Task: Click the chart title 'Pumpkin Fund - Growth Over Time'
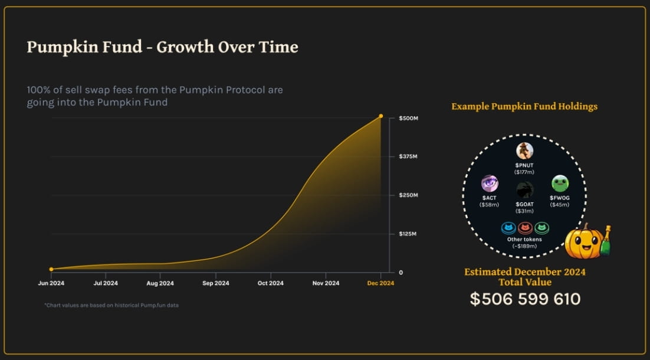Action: point(163,47)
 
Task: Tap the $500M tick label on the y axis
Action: point(408,118)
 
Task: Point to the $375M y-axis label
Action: point(408,156)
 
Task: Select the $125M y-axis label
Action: point(408,234)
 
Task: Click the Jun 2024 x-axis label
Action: point(51,283)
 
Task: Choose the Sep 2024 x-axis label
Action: point(215,283)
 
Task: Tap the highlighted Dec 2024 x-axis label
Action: point(380,283)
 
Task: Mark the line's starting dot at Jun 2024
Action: point(51,269)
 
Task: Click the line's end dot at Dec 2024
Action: point(381,116)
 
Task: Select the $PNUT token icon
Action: point(524,151)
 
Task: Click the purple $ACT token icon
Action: point(490,184)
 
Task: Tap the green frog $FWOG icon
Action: point(560,184)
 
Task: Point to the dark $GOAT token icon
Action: point(524,190)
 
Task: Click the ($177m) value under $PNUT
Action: point(524,172)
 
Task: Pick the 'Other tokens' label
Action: point(524,239)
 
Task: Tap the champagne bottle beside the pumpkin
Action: point(606,241)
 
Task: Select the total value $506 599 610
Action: point(525,299)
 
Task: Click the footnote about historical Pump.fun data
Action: point(111,305)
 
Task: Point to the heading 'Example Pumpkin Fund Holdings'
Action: point(524,107)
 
